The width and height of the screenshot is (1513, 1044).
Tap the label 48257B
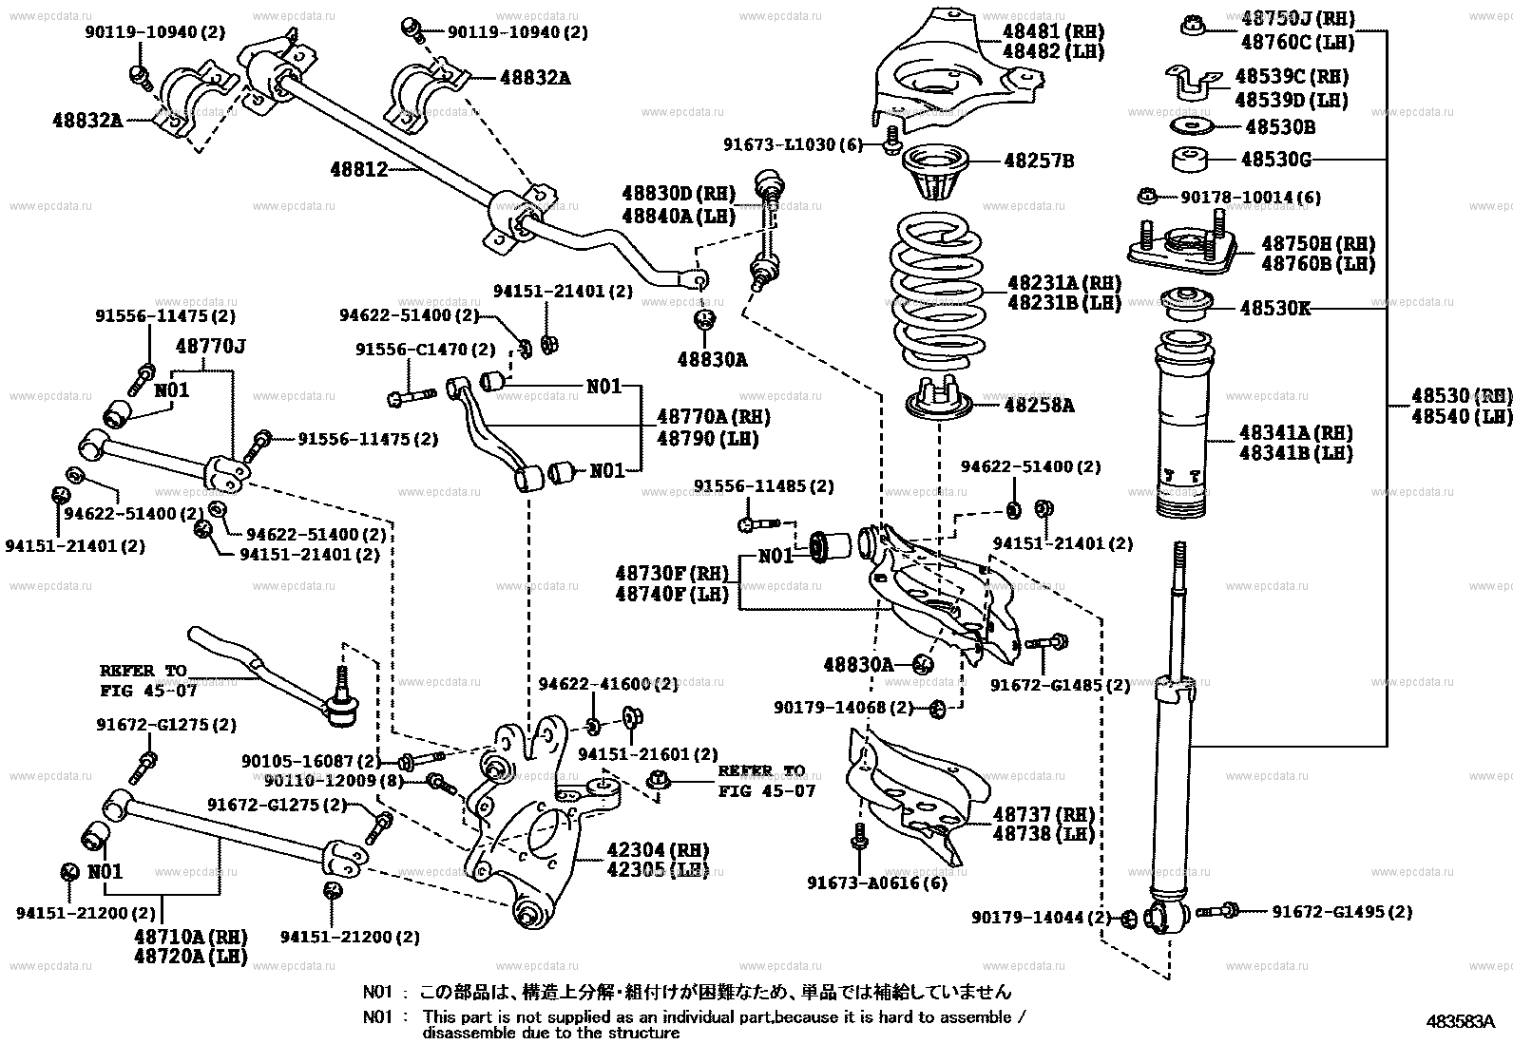pyautogui.click(x=1039, y=161)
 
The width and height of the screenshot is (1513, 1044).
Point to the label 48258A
pyautogui.click(x=1040, y=406)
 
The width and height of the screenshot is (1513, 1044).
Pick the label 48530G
pyautogui.click(x=1275, y=161)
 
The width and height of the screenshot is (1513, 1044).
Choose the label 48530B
pyautogui.click(x=1280, y=126)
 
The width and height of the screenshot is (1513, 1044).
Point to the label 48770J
pyautogui.click(x=210, y=348)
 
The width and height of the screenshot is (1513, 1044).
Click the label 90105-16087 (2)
pyautogui.click(x=311, y=761)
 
